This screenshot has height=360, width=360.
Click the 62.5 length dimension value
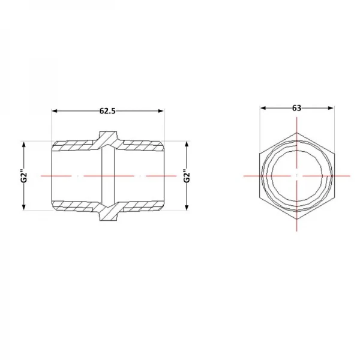107,111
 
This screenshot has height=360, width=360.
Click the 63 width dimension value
296,107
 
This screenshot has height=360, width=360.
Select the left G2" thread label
24,176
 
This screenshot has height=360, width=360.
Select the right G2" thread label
187,176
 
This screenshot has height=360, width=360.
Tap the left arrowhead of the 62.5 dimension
55,111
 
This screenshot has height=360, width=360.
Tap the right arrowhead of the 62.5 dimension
161,111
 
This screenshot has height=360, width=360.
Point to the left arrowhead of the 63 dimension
263,108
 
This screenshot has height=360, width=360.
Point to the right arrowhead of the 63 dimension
331,108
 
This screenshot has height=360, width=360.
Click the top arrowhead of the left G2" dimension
24,145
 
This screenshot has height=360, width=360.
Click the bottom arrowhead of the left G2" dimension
24,207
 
